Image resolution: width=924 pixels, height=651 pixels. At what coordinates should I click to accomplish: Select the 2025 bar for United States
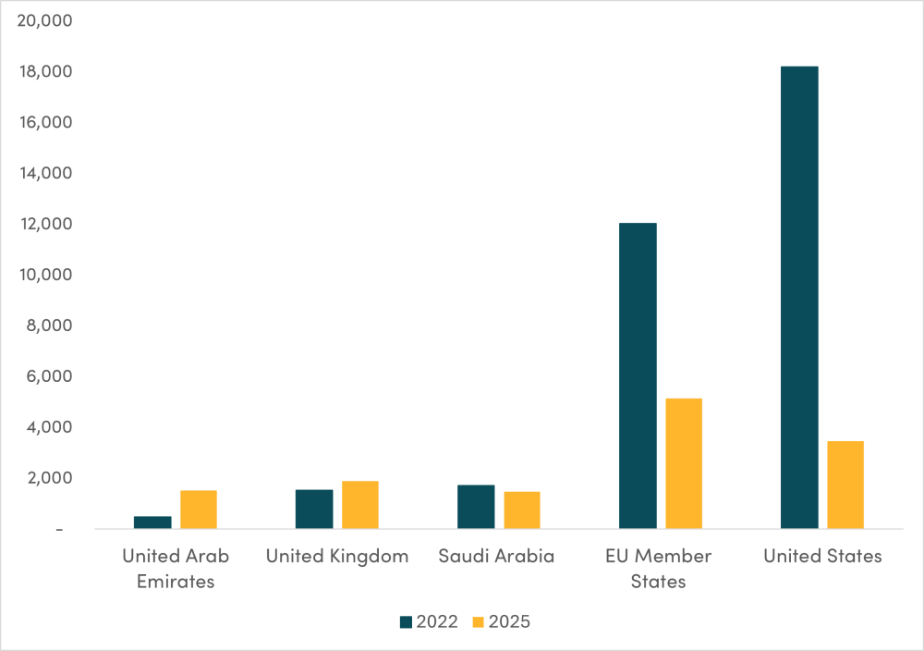click(x=845, y=485)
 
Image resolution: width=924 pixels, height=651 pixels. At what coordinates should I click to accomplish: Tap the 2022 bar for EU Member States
click(x=638, y=375)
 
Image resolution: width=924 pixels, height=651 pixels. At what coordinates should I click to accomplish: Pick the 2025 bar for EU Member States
click(x=684, y=463)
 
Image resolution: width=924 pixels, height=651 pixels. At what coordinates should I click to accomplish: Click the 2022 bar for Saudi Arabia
click(x=476, y=507)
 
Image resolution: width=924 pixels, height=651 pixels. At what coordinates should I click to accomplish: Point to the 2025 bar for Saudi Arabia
click(x=522, y=510)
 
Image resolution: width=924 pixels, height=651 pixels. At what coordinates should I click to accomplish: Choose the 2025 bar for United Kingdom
click(x=360, y=505)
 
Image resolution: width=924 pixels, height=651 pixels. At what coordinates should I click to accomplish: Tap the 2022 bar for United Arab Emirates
click(x=152, y=522)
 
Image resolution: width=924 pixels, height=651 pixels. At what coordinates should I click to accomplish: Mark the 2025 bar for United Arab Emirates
click(x=199, y=510)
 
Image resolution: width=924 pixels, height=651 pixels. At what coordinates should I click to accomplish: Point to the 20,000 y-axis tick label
click(x=45, y=20)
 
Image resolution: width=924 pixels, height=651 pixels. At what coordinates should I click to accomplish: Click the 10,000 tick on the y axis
click(x=45, y=275)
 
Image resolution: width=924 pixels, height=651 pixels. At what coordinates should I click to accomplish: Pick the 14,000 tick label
click(x=45, y=173)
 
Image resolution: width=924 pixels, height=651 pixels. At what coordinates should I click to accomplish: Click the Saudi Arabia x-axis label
click(x=497, y=556)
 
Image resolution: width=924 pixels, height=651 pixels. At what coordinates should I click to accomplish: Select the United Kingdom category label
click(x=336, y=556)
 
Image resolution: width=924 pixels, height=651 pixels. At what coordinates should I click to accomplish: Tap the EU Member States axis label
click(x=659, y=568)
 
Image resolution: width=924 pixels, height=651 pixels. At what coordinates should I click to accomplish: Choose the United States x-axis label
click(x=822, y=556)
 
